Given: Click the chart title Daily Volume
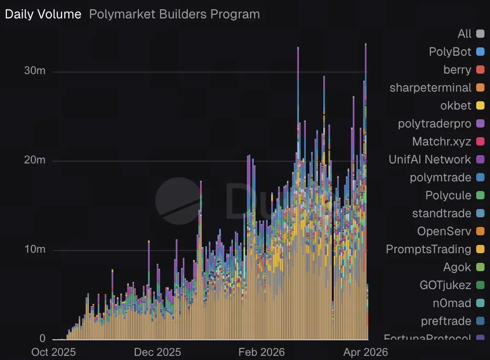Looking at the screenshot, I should (x=43, y=14).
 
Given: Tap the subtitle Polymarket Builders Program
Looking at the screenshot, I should (x=174, y=14).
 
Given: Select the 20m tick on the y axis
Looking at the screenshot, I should (x=35, y=160).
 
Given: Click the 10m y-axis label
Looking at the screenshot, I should (x=35, y=250).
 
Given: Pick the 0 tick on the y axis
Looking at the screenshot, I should (x=42, y=338).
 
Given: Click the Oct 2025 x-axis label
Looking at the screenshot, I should (x=53, y=352).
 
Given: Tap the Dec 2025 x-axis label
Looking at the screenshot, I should (x=157, y=352).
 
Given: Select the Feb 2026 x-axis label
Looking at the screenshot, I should (x=262, y=352).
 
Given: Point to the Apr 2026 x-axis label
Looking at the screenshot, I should (x=366, y=352).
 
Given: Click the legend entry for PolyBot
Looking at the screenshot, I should (x=450, y=52).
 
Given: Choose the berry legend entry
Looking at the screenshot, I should (x=457, y=70).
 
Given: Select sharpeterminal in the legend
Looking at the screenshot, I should (x=430, y=87).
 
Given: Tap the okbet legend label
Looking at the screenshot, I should (x=455, y=105).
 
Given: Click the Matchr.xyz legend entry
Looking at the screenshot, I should (x=441, y=141).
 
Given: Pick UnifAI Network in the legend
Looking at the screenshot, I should (x=430, y=159).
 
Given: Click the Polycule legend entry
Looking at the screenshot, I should (x=448, y=195).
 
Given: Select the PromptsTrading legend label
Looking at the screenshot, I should (x=428, y=249).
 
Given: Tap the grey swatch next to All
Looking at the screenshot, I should (x=480, y=34).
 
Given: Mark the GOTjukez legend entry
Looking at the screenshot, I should (x=445, y=285).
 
